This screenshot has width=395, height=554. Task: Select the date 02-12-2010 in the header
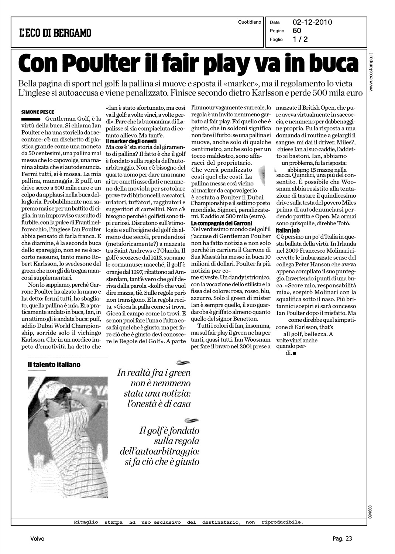click(312, 22)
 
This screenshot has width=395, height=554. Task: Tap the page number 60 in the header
click(297, 31)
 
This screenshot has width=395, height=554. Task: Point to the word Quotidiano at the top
click(250, 22)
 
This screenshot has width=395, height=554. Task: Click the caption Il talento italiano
click(54, 365)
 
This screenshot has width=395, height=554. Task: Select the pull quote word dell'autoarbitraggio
click(159, 451)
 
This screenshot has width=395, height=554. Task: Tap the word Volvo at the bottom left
click(37, 539)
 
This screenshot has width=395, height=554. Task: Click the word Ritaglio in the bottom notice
click(86, 522)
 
